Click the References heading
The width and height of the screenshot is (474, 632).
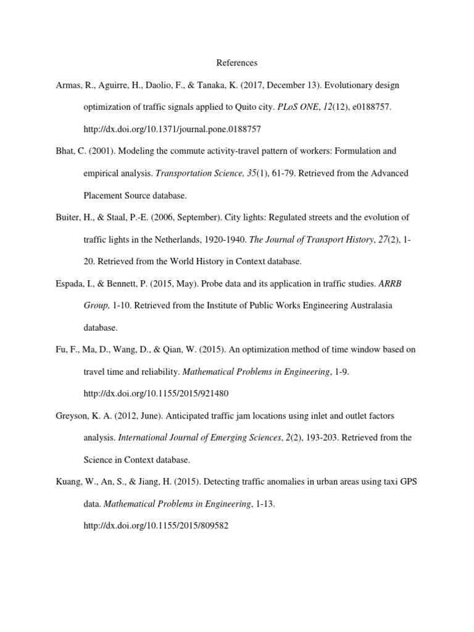(236, 63)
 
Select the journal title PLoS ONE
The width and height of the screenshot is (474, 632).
(298, 107)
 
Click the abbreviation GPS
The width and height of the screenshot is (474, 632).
(407, 481)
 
